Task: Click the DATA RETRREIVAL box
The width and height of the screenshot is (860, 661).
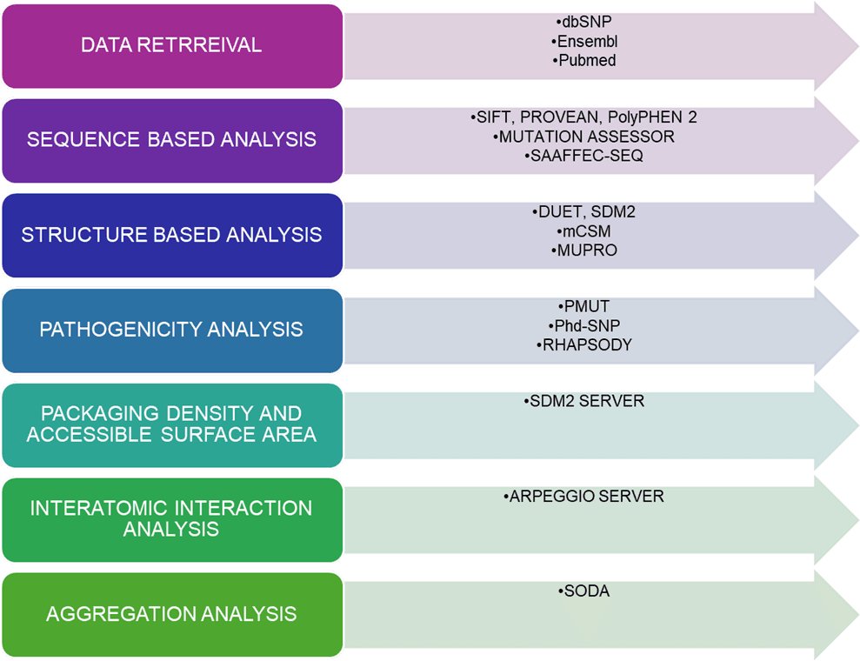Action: [x=171, y=45]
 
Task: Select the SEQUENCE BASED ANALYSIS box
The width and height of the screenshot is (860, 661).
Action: [x=171, y=139]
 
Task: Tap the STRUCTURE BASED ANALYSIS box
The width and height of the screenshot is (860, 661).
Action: [x=171, y=234]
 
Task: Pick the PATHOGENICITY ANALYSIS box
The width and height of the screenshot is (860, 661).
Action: [x=171, y=329]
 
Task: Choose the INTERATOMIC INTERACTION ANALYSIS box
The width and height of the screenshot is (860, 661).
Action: [x=171, y=518]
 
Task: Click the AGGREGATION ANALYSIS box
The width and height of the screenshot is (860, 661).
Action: [x=171, y=613]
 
